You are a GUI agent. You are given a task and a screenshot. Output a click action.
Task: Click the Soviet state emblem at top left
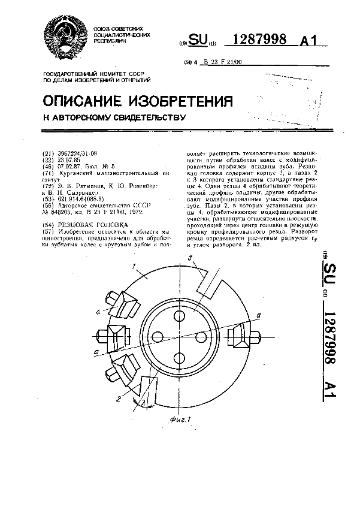[66, 37]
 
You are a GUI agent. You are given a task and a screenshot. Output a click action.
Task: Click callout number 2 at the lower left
[119, 399]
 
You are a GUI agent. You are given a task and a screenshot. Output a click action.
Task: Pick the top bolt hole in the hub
[180, 316]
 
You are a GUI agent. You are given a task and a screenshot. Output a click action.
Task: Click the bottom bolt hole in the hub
[180, 358]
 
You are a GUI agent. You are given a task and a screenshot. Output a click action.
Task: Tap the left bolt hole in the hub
[159, 337]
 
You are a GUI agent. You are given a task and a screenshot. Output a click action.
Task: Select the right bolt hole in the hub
[201, 337]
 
